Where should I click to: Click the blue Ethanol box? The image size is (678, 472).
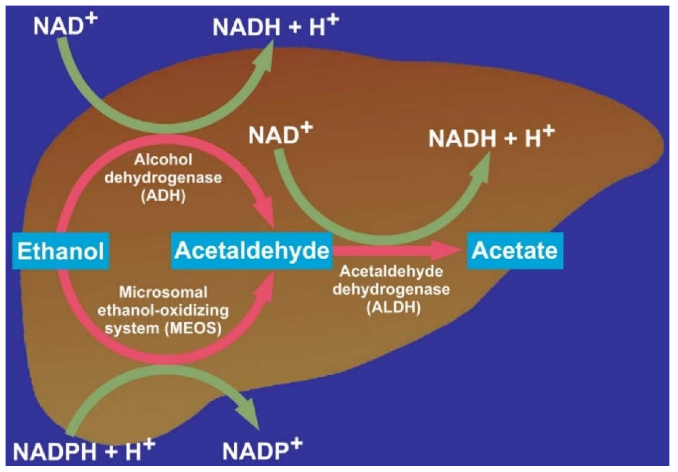coord(61,251)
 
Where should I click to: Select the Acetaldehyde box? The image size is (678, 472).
coord(252,251)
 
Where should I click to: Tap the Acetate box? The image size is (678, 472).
coord(515,251)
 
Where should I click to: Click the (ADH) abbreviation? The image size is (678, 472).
coord(163,196)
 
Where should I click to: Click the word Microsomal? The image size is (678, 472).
coord(163,292)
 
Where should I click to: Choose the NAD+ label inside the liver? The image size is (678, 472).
coord(281,134)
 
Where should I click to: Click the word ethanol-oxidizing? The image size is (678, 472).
coord(163,311)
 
